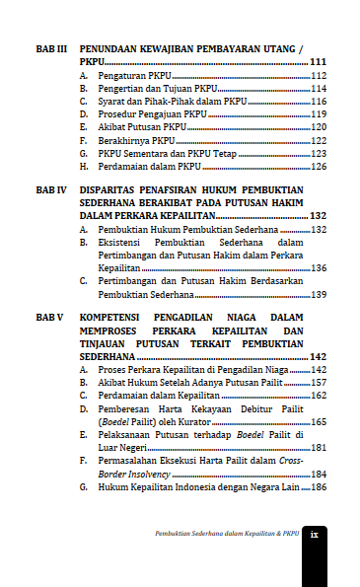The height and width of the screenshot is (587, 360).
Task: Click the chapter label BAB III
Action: [50, 47]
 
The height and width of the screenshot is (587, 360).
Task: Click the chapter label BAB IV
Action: [50, 187]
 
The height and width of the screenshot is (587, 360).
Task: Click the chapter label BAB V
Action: [49, 317]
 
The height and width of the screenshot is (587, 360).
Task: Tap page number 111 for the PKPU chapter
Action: [319, 61]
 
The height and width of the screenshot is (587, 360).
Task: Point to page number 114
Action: [319, 89]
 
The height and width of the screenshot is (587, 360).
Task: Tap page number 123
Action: [319, 154]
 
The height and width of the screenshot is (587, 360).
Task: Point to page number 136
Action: [319, 267]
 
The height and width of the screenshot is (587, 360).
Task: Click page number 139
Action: [319, 294]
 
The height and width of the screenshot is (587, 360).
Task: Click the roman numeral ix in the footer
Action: [314, 534]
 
